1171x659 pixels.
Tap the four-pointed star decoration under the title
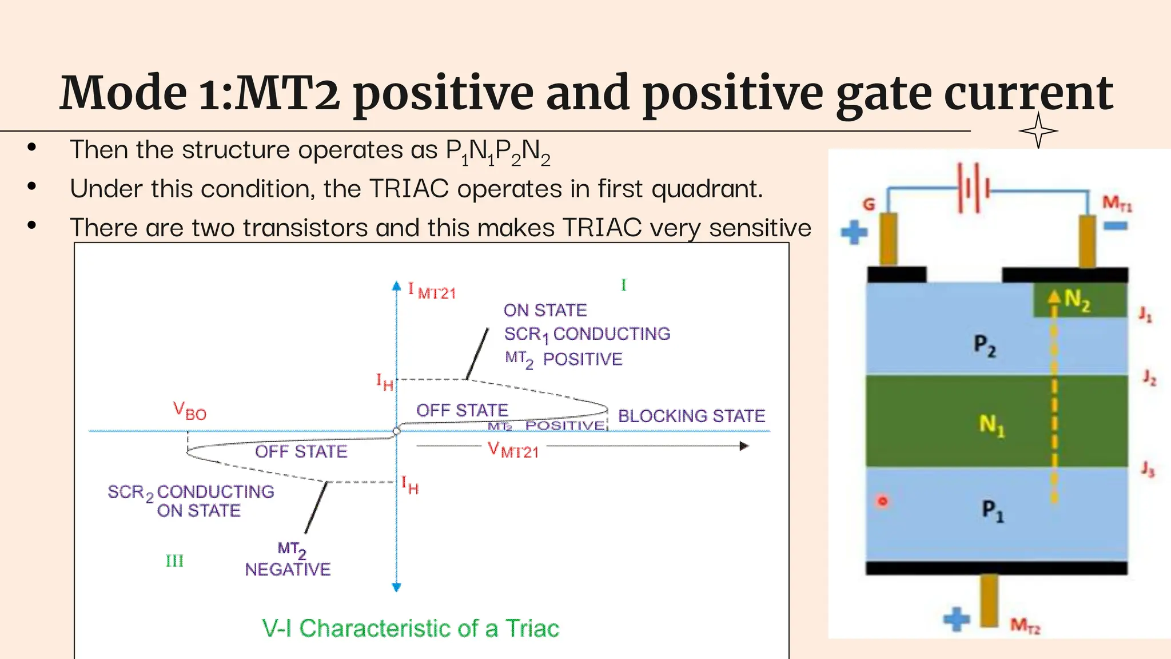1038,131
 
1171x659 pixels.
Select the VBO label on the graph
189,411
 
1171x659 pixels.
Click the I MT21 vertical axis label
432,291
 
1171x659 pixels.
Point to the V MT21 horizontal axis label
513,450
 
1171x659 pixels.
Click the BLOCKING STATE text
691,416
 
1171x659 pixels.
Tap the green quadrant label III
174,561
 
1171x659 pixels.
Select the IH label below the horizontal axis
409,485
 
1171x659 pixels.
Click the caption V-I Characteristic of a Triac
410,628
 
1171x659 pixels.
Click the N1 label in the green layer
991,424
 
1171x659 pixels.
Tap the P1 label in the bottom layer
992,510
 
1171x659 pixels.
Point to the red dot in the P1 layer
882,502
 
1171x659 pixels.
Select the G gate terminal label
869,204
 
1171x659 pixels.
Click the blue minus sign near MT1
1115,227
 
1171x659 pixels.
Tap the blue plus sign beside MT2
956,619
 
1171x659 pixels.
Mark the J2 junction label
1149,378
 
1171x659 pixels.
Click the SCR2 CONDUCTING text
190,492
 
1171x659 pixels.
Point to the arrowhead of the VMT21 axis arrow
744,446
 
